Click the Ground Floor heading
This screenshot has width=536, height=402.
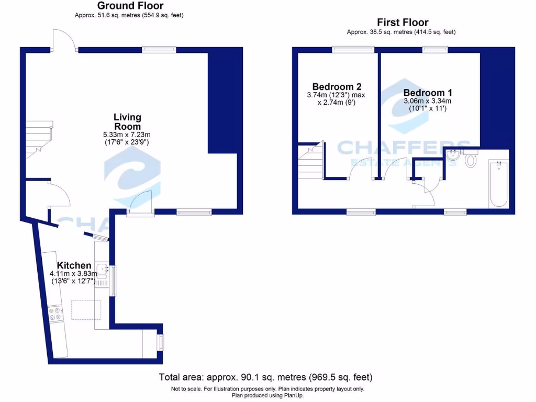(130, 6)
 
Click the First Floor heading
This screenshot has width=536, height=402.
(402, 23)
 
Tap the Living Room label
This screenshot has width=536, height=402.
(128, 122)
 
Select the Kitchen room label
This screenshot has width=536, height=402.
(74, 265)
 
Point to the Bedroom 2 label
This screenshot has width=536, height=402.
(336, 87)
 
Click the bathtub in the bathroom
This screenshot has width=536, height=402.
(498, 184)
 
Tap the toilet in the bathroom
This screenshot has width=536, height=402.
(470, 159)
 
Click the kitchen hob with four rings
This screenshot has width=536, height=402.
(55, 313)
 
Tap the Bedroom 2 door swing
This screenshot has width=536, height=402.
(356, 168)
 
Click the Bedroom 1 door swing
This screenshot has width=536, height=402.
(395, 168)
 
